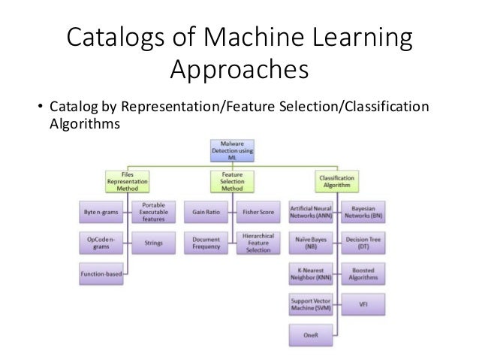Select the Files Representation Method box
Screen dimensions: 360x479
(x=128, y=182)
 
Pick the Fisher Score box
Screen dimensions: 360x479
(x=259, y=213)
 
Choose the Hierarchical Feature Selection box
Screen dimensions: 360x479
(x=259, y=244)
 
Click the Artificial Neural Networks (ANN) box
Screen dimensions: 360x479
(x=311, y=213)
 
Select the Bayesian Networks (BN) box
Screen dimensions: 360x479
(x=363, y=213)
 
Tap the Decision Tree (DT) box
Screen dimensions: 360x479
(x=363, y=244)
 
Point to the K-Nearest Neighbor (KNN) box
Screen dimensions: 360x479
(x=311, y=274)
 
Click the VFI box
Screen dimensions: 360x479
(x=363, y=304)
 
